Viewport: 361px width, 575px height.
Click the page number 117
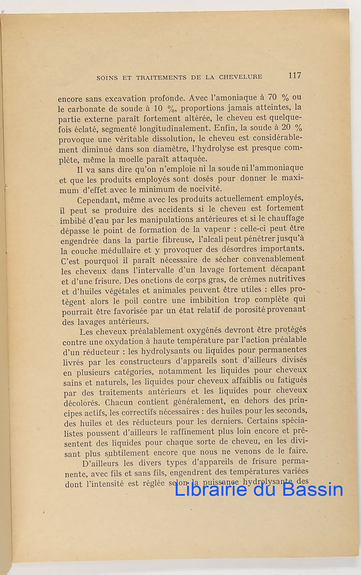[x=294, y=75]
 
